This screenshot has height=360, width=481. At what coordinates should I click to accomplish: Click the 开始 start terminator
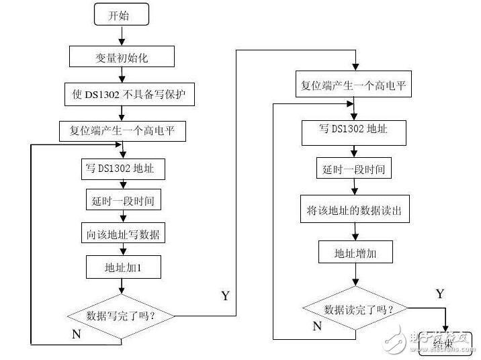[120, 15]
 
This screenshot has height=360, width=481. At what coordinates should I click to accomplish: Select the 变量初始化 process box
[122, 57]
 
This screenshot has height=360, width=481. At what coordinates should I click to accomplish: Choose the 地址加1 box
[122, 267]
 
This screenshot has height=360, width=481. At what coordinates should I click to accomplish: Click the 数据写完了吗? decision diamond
[121, 314]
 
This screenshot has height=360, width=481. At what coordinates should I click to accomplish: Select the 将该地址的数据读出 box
[355, 211]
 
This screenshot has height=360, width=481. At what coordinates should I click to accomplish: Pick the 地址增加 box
[355, 253]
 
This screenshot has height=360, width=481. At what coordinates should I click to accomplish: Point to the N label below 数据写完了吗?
[77, 334]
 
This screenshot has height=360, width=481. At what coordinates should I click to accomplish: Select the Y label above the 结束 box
[439, 294]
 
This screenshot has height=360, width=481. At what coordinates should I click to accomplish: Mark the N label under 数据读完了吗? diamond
[317, 326]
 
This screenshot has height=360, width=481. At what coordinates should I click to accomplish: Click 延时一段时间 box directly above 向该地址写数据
[122, 200]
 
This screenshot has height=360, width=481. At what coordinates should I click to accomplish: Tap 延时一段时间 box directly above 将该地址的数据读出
[353, 169]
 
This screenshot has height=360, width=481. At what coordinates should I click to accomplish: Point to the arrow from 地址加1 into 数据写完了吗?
[121, 286]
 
